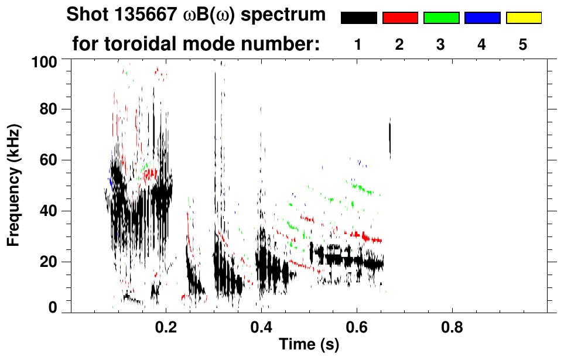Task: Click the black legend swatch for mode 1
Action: (359, 18)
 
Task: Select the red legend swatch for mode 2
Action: (400, 18)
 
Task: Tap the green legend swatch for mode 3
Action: (441, 18)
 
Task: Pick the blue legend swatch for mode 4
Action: (482, 18)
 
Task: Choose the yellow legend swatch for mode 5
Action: (523, 18)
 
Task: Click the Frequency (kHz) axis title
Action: (13, 184)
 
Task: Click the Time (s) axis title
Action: (308, 345)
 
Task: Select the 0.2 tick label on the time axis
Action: (166, 327)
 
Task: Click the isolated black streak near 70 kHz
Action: (390, 138)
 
